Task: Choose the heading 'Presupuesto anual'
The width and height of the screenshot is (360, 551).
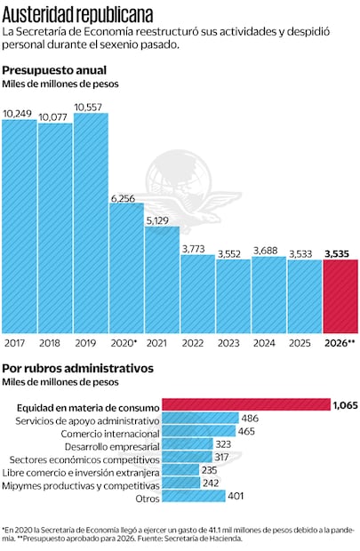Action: (x=55, y=70)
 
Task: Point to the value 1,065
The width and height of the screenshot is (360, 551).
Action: (x=344, y=405)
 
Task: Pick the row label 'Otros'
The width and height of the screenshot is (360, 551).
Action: (x=145, y=499)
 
